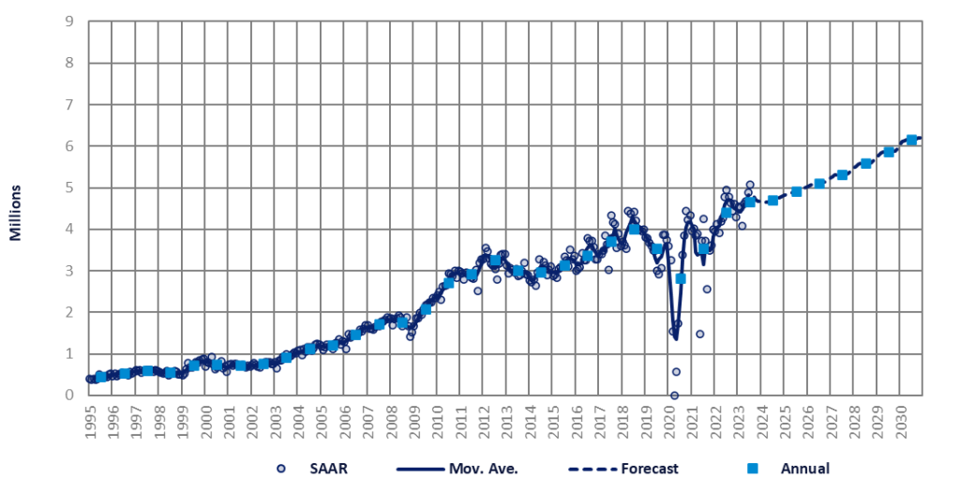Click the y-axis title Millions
click(x=17, y=213)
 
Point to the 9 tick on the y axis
click(x=70, y=22)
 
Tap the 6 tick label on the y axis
click(x=70, y=146)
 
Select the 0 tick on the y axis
click(x=70, y=396)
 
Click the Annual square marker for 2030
click(x=911, y=140)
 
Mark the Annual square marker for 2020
click(x=681, y=278)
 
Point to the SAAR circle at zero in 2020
click(x=674, y=396)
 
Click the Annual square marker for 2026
click(x=819, y=184)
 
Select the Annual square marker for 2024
click(x=772, y=201)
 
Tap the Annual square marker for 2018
click(x=634, y=229)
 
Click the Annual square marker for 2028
click(x=865, y=164)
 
